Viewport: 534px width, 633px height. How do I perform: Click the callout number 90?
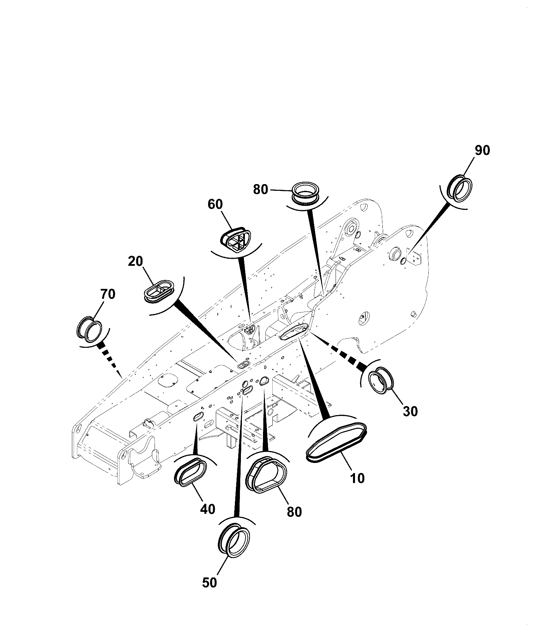click(482, 151)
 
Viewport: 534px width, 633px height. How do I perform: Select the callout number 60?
click(215, 204)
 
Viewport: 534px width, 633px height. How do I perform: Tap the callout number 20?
click(136, 261)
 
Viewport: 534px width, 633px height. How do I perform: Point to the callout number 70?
click(107, 294)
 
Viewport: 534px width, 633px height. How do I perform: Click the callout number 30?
click(410, 411)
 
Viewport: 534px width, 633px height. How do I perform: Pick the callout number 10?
click(357, 478)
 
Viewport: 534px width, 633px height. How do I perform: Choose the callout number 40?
click(207, 509)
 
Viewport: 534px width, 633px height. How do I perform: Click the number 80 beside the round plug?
click(261, 190)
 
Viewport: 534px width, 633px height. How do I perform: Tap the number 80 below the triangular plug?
click(294, 512)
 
